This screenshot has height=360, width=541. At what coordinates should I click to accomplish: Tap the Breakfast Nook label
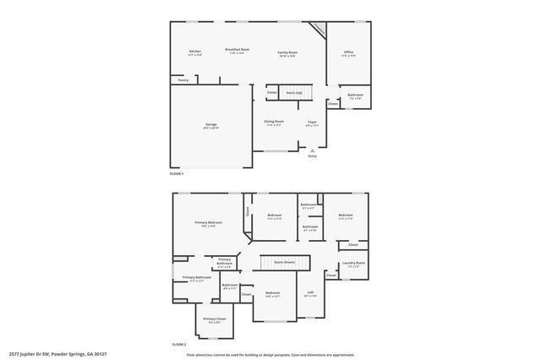tap(237, 49)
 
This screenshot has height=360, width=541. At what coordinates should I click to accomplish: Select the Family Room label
tap(287, 52)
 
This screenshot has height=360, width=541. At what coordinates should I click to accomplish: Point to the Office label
tap(348, 52)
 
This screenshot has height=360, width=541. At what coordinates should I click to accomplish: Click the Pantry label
tap(183, 80)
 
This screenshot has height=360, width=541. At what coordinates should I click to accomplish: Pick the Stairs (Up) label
tap(293, 92)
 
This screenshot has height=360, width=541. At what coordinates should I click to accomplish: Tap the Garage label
tap(210, 125)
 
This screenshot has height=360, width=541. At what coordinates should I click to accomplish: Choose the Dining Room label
tap(273, 122)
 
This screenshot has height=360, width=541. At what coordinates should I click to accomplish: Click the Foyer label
tap(312, 122)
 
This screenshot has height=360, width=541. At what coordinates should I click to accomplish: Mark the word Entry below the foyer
tap(312, 156)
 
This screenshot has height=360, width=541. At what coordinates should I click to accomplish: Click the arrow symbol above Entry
tap(312, 150)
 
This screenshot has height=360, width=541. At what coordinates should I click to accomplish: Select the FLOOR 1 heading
tap(177, 173)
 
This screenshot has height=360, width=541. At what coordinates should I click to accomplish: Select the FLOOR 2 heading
tap(178, 345)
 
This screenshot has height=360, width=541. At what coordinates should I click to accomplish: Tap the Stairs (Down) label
tap(283, 263)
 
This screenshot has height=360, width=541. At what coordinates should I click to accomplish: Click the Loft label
tap(310, 292)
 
